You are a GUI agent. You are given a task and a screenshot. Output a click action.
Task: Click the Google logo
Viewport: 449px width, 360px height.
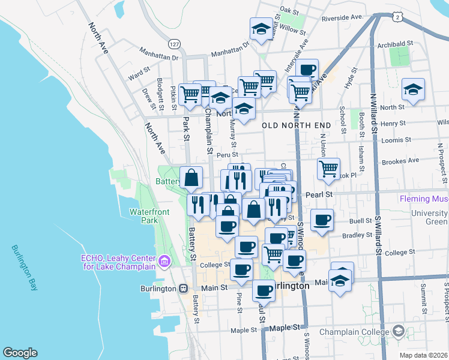(x=20, y=352)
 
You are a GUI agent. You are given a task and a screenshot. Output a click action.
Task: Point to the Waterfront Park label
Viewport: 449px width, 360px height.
(x=149, y=216)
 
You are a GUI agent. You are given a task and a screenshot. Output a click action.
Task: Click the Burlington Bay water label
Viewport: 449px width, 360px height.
(x=24, y=268)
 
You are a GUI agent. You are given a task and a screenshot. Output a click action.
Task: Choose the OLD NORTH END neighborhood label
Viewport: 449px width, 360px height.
(x=296, y=125)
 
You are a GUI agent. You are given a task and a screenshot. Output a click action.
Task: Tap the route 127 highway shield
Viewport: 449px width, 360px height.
(x=173, y=44)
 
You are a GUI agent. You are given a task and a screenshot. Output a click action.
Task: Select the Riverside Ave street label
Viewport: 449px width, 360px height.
(x=343, y=18)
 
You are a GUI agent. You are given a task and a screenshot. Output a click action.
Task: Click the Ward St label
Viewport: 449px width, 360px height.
(x=139, y=77)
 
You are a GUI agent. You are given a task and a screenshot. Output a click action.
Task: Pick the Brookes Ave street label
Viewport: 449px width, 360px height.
(x=400, y=161)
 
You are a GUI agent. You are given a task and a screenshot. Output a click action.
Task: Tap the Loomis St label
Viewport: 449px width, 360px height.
(x=396, y=140)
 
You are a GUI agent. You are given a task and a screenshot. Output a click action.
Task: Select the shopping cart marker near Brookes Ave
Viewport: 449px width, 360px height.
(x=328, y=169)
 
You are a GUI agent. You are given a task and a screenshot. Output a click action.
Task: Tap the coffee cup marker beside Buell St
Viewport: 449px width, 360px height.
(x=322, y=220)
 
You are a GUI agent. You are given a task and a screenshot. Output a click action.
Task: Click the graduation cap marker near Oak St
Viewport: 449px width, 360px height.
(x=261, y=29)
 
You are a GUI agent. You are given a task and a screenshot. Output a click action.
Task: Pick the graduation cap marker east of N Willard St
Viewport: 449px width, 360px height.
(x=413, y=90)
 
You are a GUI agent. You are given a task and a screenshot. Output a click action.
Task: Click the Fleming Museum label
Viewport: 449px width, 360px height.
(x=423, y=199)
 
